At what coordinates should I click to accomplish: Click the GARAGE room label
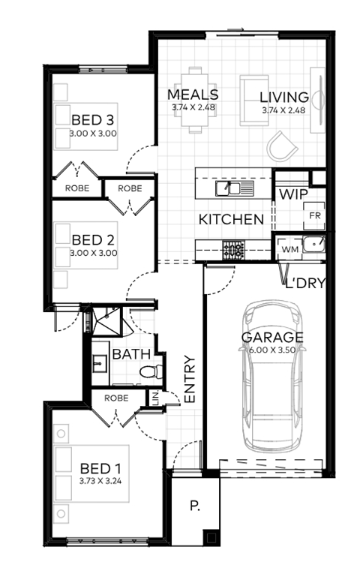click(x=272, y=337)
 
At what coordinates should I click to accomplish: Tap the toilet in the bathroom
click(x=151, y=371)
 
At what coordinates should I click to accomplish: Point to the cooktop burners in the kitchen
click(x=233, y=250)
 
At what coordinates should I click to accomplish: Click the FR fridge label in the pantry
click(x=315, y=215)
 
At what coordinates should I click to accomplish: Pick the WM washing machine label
click(x=290, y=249)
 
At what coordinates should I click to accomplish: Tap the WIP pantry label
click(x=293, y=194)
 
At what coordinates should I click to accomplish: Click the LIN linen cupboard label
click(x=156, y=398)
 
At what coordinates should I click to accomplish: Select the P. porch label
click(x=195, y=506)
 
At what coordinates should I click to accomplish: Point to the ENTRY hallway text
click(x=190, y=379)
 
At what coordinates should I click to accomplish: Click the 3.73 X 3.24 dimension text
click(x=100, y=481)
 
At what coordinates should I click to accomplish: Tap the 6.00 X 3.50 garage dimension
click(x=272, y=350)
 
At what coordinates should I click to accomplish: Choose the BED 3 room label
click(x=93, y=119)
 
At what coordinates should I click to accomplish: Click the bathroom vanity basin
click(x=99, y=363)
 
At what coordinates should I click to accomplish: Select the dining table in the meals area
click(x=194, y=100)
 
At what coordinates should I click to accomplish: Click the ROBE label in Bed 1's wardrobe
click(x=116, y=398)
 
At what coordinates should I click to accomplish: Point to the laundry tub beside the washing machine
click(x=313, y=244)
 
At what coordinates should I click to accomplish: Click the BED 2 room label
click(x=93, y=240)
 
